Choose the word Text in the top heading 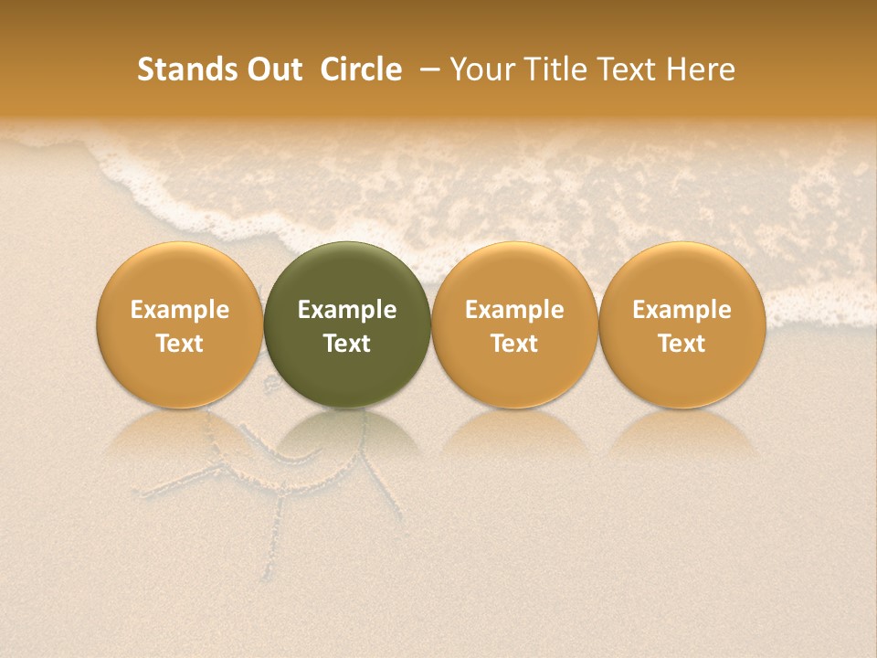click(x=623, y=69)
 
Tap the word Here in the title click(x=701, y=69)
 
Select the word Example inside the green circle click(x=347, y=310)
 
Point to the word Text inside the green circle click(x=347, y=344)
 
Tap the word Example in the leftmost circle click(x=180, y=310)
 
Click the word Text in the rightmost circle click(x=682, y=344)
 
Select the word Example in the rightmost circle click(x=682, y=310)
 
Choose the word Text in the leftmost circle click(x=180, y=344)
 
